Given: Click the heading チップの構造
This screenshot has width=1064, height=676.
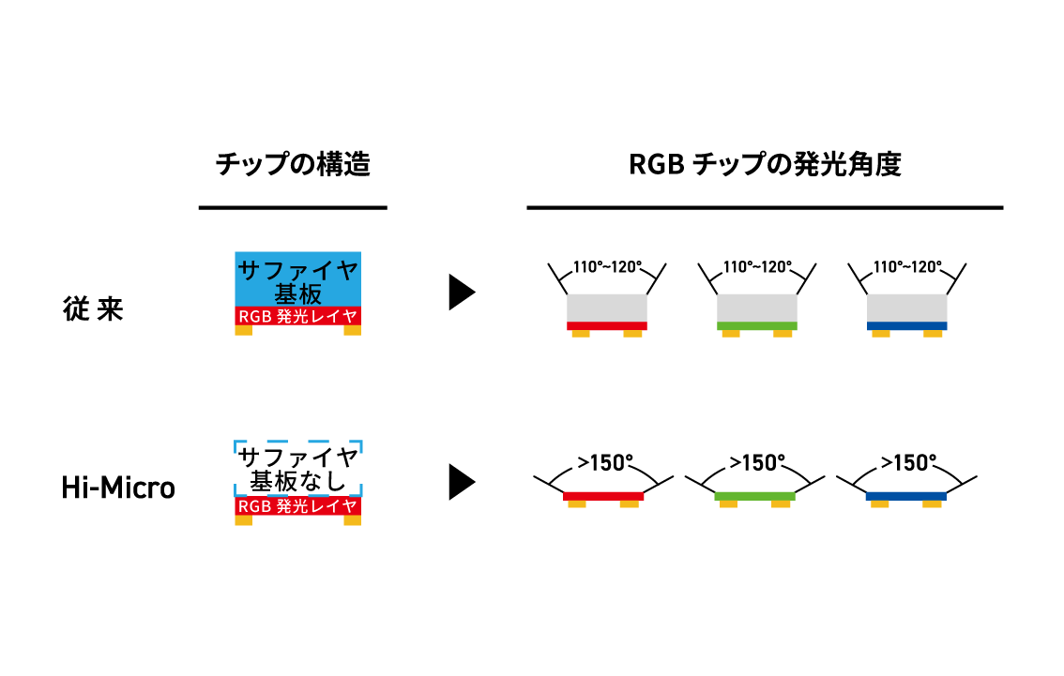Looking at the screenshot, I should coord(293,165).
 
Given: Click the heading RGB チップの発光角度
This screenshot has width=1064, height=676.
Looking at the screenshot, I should coord(765,165).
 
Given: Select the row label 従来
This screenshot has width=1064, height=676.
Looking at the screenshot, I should coord(93,310).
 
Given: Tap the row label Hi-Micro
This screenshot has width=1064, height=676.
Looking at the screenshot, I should coord(118,488).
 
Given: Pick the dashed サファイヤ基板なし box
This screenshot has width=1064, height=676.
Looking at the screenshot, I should coord(298,469).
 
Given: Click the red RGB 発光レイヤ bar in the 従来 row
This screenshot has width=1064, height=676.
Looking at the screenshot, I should coord(298,317).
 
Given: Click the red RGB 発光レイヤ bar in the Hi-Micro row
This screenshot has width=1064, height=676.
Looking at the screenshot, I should coord(298,506).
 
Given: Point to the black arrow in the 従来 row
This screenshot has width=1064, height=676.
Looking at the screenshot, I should coord(462,293).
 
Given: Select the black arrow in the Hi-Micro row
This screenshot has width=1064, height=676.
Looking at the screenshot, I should coord(462,482).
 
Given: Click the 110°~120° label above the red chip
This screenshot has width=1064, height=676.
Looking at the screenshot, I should coord(607,267).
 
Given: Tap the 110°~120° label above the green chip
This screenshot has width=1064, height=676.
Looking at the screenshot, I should coord(757,267).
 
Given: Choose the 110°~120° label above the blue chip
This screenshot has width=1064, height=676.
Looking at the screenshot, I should coord(907,267).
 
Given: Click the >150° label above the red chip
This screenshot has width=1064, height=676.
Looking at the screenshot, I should coord(605,462).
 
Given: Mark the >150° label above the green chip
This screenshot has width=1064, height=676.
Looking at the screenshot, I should coord(755,462).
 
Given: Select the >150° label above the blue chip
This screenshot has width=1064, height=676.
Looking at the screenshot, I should coord(907,462).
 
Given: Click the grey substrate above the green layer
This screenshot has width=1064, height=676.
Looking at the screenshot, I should coord(757,308).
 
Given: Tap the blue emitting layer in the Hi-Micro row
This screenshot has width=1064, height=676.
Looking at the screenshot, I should coord(906,495).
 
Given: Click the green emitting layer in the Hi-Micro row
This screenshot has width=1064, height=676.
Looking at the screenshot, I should coord(754,495).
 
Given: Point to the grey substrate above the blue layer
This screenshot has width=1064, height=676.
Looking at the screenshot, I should coord(907,308).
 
